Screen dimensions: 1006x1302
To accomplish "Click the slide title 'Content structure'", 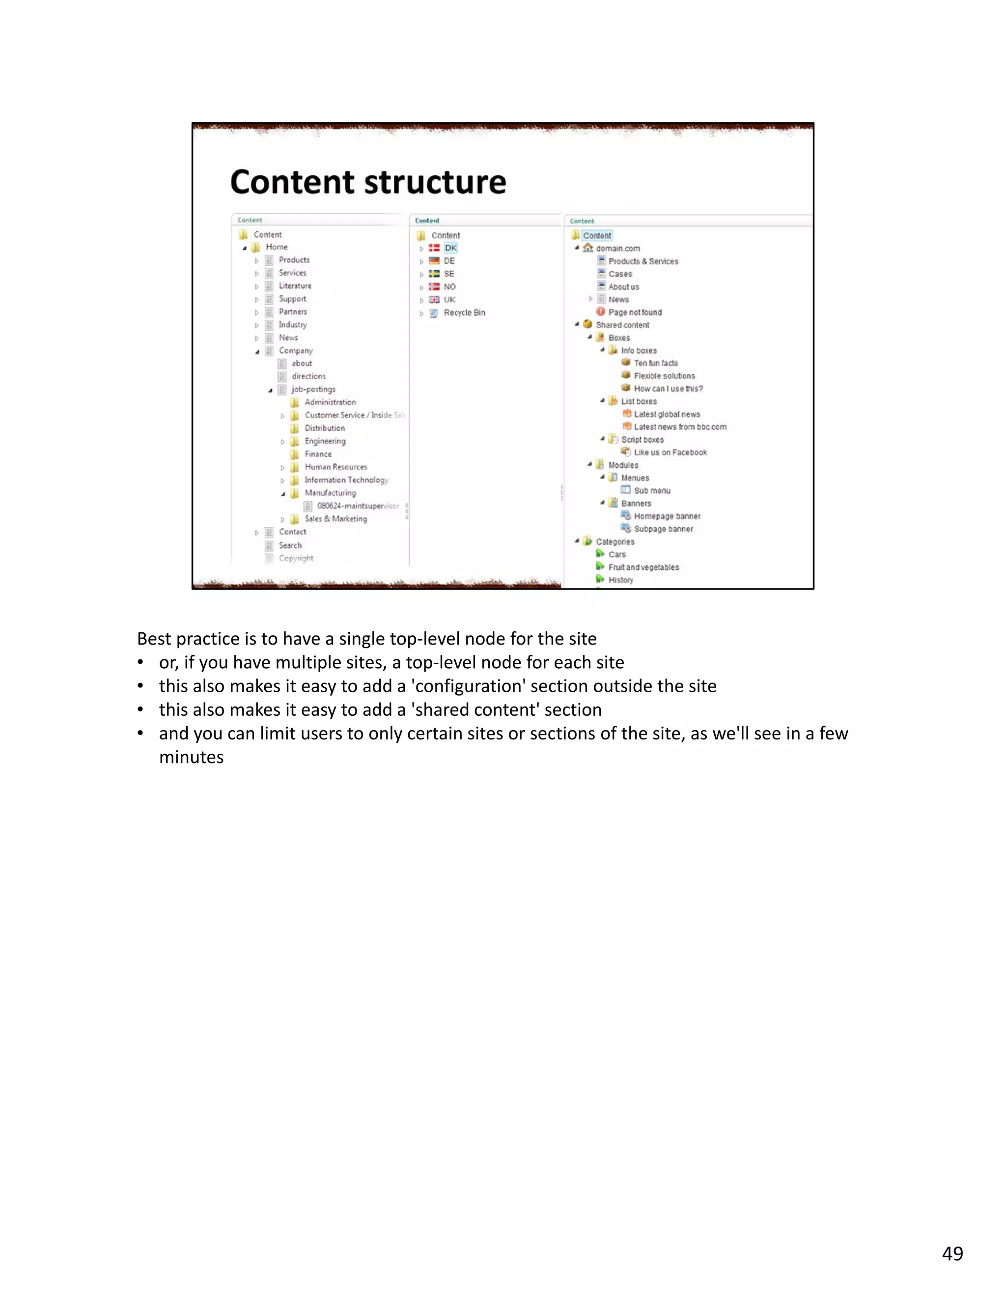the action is [368, 182].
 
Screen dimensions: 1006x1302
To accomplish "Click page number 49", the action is [952, 1253].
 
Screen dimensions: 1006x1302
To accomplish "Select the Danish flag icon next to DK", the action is [434, 248].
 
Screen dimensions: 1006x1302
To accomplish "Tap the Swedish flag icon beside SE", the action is [434, 274].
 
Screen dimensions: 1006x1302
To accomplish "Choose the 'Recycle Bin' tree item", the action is [464, 312].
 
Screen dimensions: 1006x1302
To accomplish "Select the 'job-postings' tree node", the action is [313, 389].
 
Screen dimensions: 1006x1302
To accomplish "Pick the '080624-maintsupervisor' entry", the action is [358, 506].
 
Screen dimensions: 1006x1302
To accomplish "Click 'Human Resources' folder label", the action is [335, 467].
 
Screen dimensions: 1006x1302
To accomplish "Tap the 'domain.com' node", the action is [617, 249].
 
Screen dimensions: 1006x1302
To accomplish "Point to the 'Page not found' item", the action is [635, 312].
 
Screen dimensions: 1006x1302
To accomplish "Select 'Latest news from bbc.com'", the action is [679, 427].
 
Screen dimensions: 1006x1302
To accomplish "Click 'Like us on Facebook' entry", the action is [670, 453].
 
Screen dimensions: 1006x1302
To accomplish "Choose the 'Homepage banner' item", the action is [666, 516].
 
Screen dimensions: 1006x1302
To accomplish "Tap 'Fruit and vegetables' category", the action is [643, 567].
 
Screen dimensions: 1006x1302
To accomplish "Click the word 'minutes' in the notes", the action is [191, 757].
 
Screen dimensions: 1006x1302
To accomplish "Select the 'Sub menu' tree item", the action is [651, 491].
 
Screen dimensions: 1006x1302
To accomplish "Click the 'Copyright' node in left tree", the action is [296, 558].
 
